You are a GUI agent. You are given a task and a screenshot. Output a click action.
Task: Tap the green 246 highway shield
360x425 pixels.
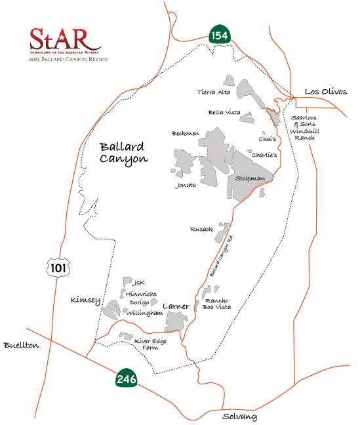coord(126,378)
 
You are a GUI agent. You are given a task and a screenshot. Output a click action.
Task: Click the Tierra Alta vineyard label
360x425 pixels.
coord(211,92)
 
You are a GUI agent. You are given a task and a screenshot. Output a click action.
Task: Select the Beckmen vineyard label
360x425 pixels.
coord(186,133)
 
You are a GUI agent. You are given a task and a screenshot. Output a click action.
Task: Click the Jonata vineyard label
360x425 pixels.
coord(186,185)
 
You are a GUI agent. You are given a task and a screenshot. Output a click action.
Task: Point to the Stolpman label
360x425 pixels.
coord(250,178)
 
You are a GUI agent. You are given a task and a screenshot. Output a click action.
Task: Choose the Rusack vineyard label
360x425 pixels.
coord(201,229)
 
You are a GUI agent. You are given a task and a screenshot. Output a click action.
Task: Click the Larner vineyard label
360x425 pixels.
coord(176,306)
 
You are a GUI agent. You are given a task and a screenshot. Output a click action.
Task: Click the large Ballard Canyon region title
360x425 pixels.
coord(124,153)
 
